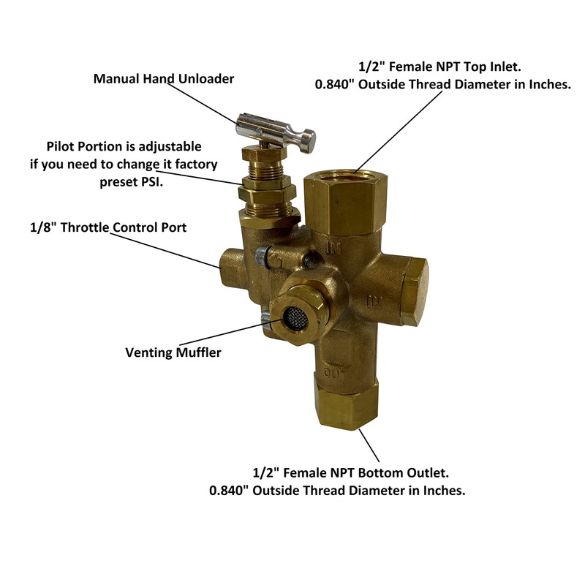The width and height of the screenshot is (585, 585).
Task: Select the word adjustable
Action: pos(165,147)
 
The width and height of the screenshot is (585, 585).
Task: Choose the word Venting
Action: pos(151,352)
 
